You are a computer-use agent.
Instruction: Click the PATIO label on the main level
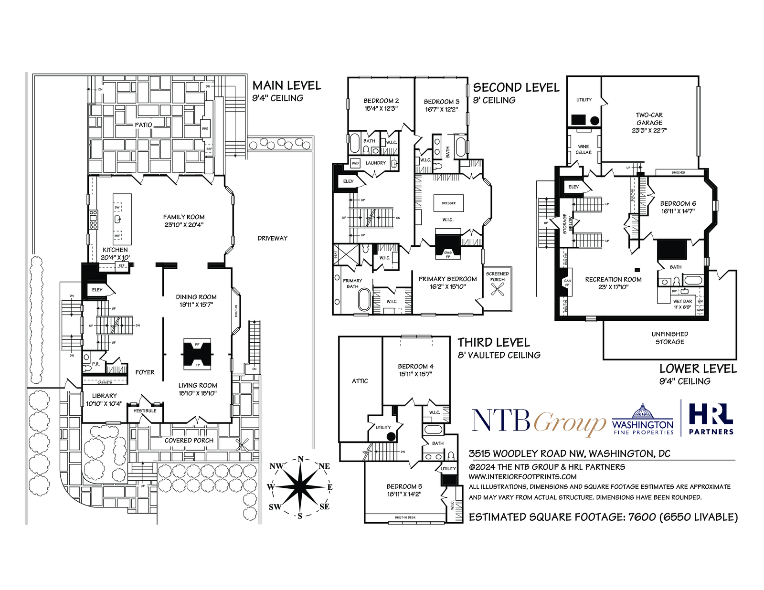[x=143, y=125]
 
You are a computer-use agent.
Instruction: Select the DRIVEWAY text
[x=273, y=238]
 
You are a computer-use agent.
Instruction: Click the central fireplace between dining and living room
[x=197, y=354]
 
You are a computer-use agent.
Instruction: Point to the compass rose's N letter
[x=300, y=459]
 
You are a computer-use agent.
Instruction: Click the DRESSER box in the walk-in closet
[x=448, y=203]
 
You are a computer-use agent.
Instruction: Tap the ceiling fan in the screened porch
[x=497, y=289]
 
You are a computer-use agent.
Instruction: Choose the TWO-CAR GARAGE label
[x=649, y=122]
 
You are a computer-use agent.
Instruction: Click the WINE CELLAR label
[x=584, y=149]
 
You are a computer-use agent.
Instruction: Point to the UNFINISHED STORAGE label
[x=669, y=338]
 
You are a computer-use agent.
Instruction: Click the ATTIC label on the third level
[x=360, y=381]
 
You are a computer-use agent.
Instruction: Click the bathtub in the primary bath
[x=364, y=299]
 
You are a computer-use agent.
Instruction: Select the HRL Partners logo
[x=711, y=419]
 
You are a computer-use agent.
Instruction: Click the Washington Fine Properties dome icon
[x=643, y=411]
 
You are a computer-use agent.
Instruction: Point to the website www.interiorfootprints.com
[x=522, y=476]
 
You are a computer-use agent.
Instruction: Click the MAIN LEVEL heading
[x=286, y=85]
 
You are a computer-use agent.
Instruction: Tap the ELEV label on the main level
[x=97, y=290]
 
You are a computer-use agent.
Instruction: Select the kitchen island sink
[x=117, y=220]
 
